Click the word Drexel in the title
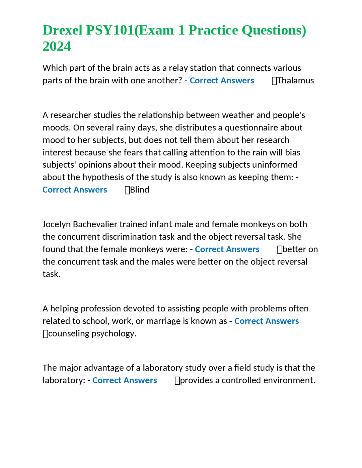[63, 30]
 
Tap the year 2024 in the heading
[57, 46]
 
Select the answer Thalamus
[296, 81]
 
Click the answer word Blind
[139, 190]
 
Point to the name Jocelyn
[57, 224]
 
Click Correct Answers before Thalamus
[222, 81]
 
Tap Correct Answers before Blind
[75, 190]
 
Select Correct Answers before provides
[124, 380]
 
